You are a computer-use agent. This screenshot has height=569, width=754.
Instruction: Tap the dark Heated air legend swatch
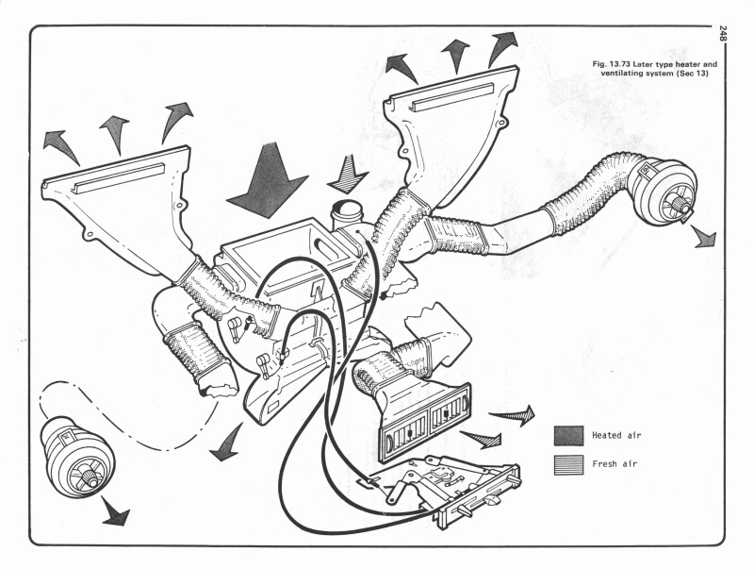[x=567, y=435]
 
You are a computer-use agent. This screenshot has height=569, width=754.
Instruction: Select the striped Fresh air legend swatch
[x=567, y=464]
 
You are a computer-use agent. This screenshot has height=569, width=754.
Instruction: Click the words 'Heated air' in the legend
[x=618, y=435]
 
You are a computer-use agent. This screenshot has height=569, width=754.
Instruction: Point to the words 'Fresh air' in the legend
[x=615, y=464]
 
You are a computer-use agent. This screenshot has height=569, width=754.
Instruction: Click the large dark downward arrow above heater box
[x=267, y=184]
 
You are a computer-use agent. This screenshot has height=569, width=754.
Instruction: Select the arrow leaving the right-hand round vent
[x=703, y=236]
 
